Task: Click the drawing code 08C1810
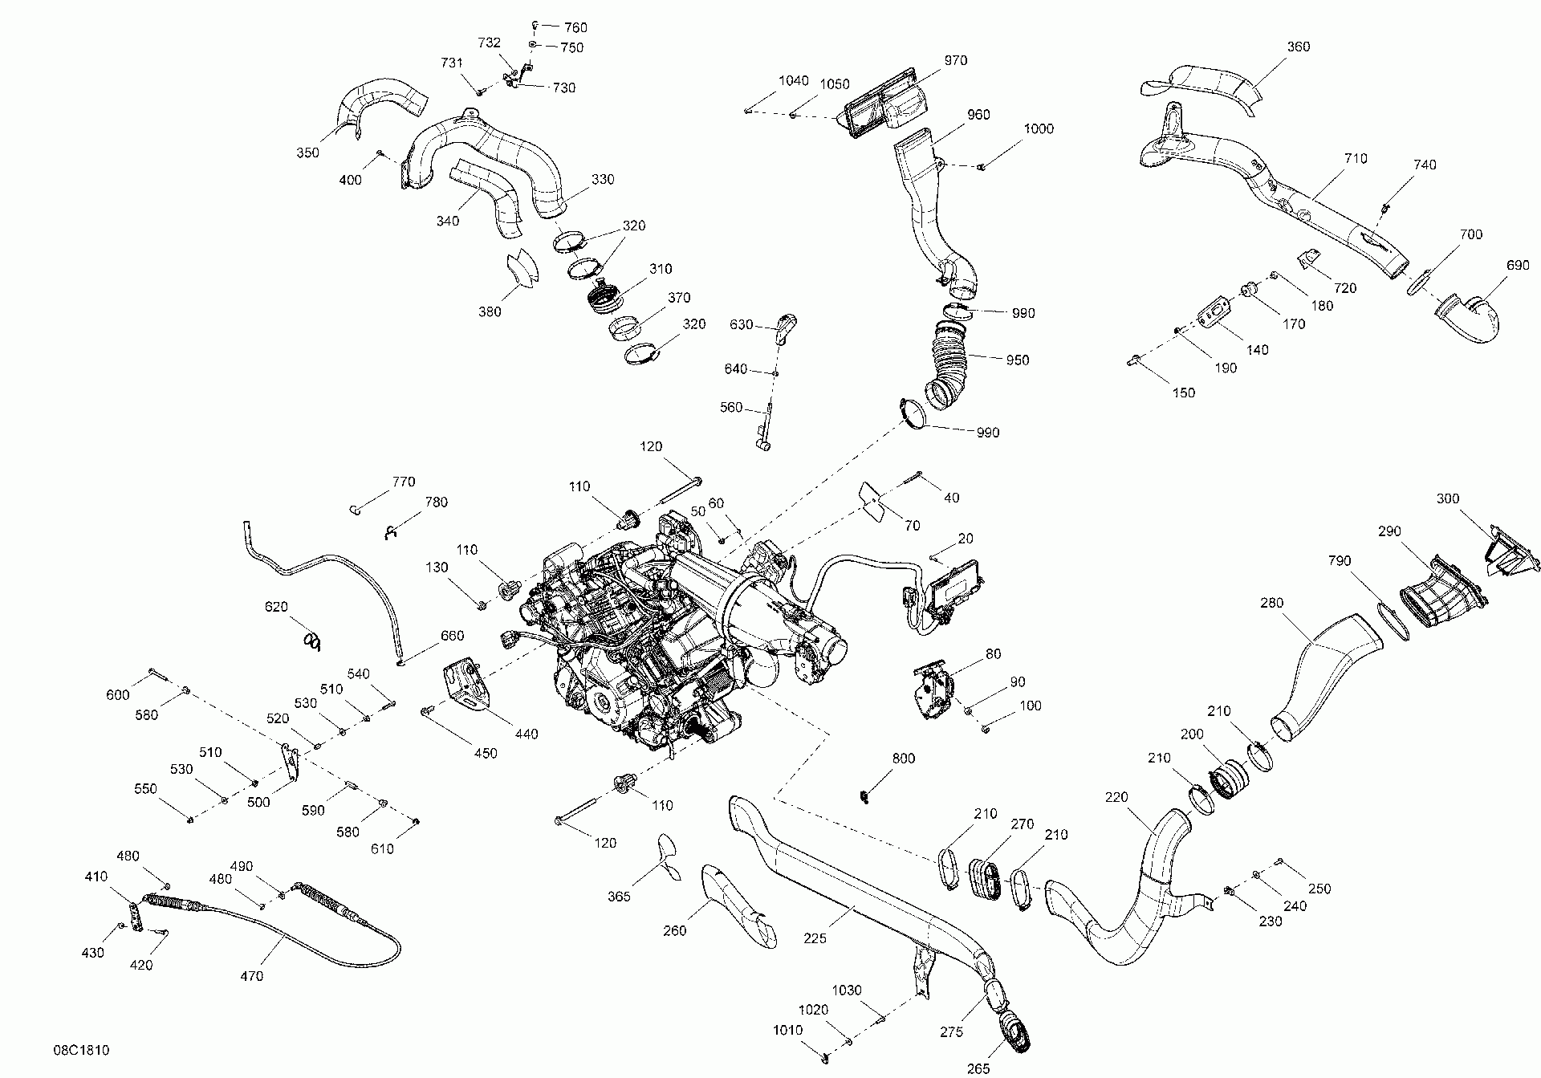coord(82,1050)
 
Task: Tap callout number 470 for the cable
coord(251,976)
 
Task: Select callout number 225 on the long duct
coord(815,938)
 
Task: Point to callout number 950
coord(1017,360)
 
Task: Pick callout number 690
coord(1518,266)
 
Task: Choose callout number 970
coord(955,60)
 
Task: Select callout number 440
coord(527,734)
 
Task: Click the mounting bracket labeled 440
coord(466,685)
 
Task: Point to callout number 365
coord(619,897)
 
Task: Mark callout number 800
coord(903,759)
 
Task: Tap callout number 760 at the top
coord(575,28)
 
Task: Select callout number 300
coord(1447,498)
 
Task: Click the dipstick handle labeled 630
coord(785,324)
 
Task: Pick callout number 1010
coord(787,1030)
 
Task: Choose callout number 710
coord(1355,159)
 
